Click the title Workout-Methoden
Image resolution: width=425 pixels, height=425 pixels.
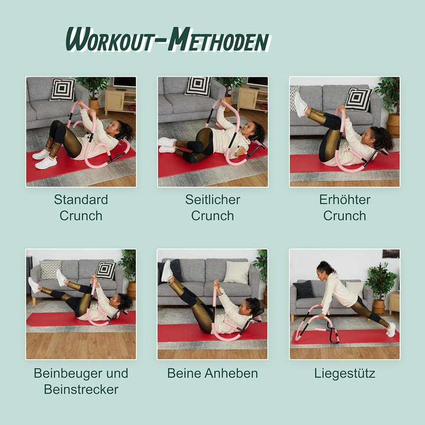click(x=167, y=40)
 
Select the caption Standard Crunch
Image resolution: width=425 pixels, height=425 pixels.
click(x=81, y=207)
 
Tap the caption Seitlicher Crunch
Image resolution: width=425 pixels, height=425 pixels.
click(x=212, y=207)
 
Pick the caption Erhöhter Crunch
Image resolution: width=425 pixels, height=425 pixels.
click(x=344, y=207)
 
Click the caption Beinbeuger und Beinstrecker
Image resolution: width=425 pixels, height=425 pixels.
click(x=81, y=381)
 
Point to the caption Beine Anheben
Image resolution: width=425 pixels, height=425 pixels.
click(x=212, y=373)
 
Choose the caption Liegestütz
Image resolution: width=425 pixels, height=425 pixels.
click(x=344, y=373)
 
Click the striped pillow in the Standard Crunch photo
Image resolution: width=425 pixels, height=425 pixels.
click(x=62, y=89)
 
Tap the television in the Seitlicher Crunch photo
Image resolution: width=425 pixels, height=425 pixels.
click(x=257, y=81)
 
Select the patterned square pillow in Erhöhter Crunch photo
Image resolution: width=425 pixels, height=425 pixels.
click(x=358, y=99)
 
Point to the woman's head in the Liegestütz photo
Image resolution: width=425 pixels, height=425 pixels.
click(x=325, y=269)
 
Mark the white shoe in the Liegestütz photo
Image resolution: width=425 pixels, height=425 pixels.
click(x=391, y=329)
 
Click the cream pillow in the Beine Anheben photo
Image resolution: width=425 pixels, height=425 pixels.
click(x=237, y=272)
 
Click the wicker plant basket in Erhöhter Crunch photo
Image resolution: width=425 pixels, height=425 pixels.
click(x=393, y=123)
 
